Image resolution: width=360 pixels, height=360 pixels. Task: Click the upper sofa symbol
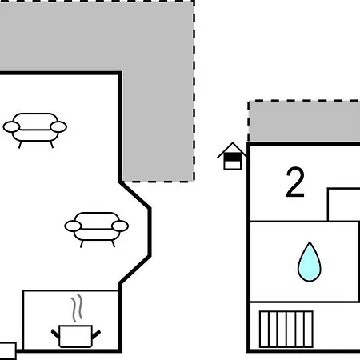pos(35,130)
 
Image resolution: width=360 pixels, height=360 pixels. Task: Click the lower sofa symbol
pos(97,230)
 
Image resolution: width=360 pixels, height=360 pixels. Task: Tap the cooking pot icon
pos(76,336)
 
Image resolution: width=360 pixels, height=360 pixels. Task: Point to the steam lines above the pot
pos(77,308)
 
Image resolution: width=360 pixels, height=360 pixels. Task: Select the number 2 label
pos(295,182)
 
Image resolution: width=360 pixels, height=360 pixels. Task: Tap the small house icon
pos(232,156)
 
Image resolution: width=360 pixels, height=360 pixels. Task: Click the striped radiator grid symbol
pos(286,329)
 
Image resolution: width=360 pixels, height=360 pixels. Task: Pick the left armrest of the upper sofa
pos(11,126)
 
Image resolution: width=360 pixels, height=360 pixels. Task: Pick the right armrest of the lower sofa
pos(120,226)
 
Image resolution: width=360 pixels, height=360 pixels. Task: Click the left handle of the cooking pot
pos(55,334)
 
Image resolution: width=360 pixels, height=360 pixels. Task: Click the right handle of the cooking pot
pos(96,334)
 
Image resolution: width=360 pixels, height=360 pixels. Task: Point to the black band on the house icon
pos(233,158)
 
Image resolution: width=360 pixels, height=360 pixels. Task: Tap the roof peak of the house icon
pos(233,142)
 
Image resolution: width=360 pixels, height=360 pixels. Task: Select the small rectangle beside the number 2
pos(344,205)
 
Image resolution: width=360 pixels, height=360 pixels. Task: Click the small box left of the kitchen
pos(7,351)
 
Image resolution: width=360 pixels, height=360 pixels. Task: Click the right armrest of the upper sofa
pos(58,126)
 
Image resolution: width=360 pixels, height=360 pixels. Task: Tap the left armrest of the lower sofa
pos(73,226)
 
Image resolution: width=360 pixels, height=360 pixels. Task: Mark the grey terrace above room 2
pos(304,122)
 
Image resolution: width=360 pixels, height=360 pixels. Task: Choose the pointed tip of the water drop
pos(310,242)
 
